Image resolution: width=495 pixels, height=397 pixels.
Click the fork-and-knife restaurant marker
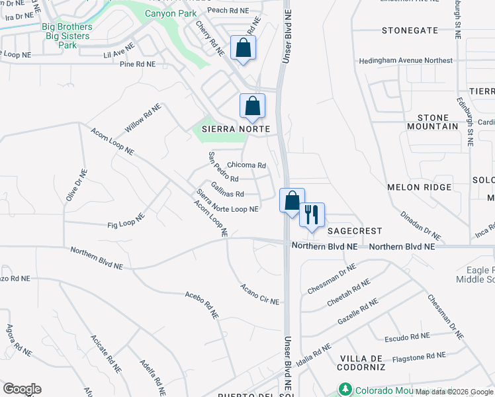click(312, 214)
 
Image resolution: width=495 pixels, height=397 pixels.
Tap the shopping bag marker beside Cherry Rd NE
click(244, 48)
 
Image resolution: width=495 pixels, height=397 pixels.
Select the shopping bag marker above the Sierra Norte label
click(252, 106)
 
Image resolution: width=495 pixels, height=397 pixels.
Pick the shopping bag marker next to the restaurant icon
click(292, 200)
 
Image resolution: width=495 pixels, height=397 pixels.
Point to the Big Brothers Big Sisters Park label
click(67, 36)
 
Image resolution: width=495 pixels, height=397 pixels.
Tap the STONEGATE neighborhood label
click(410, 30)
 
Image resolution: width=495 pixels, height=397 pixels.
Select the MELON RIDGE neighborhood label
click(424, 187)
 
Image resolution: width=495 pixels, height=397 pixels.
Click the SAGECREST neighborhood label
click(355, 231)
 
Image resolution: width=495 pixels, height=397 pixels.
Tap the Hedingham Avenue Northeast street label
click(406, 61)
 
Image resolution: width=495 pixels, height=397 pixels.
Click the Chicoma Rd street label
click(246, 165)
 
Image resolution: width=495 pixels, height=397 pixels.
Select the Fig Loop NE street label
click(126, 221)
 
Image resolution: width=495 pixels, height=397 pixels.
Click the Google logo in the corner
click(22, 389)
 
